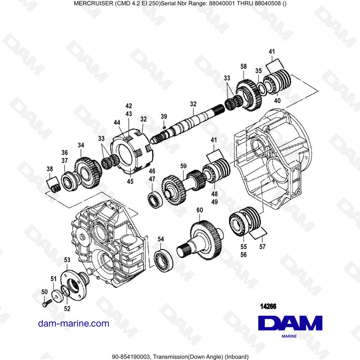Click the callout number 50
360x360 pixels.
(45, 292)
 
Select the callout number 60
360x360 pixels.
(199, 210)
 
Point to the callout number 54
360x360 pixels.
(161, 239)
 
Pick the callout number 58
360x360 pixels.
(244, 67)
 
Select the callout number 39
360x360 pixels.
(164, 116)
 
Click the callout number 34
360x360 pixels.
(81, 145)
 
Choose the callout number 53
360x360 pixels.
(67, 260)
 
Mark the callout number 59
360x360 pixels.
(184, 166)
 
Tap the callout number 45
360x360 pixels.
(130, 181)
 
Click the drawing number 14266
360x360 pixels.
(268, 307)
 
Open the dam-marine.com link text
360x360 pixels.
(74, 323)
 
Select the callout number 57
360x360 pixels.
(262, 247)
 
